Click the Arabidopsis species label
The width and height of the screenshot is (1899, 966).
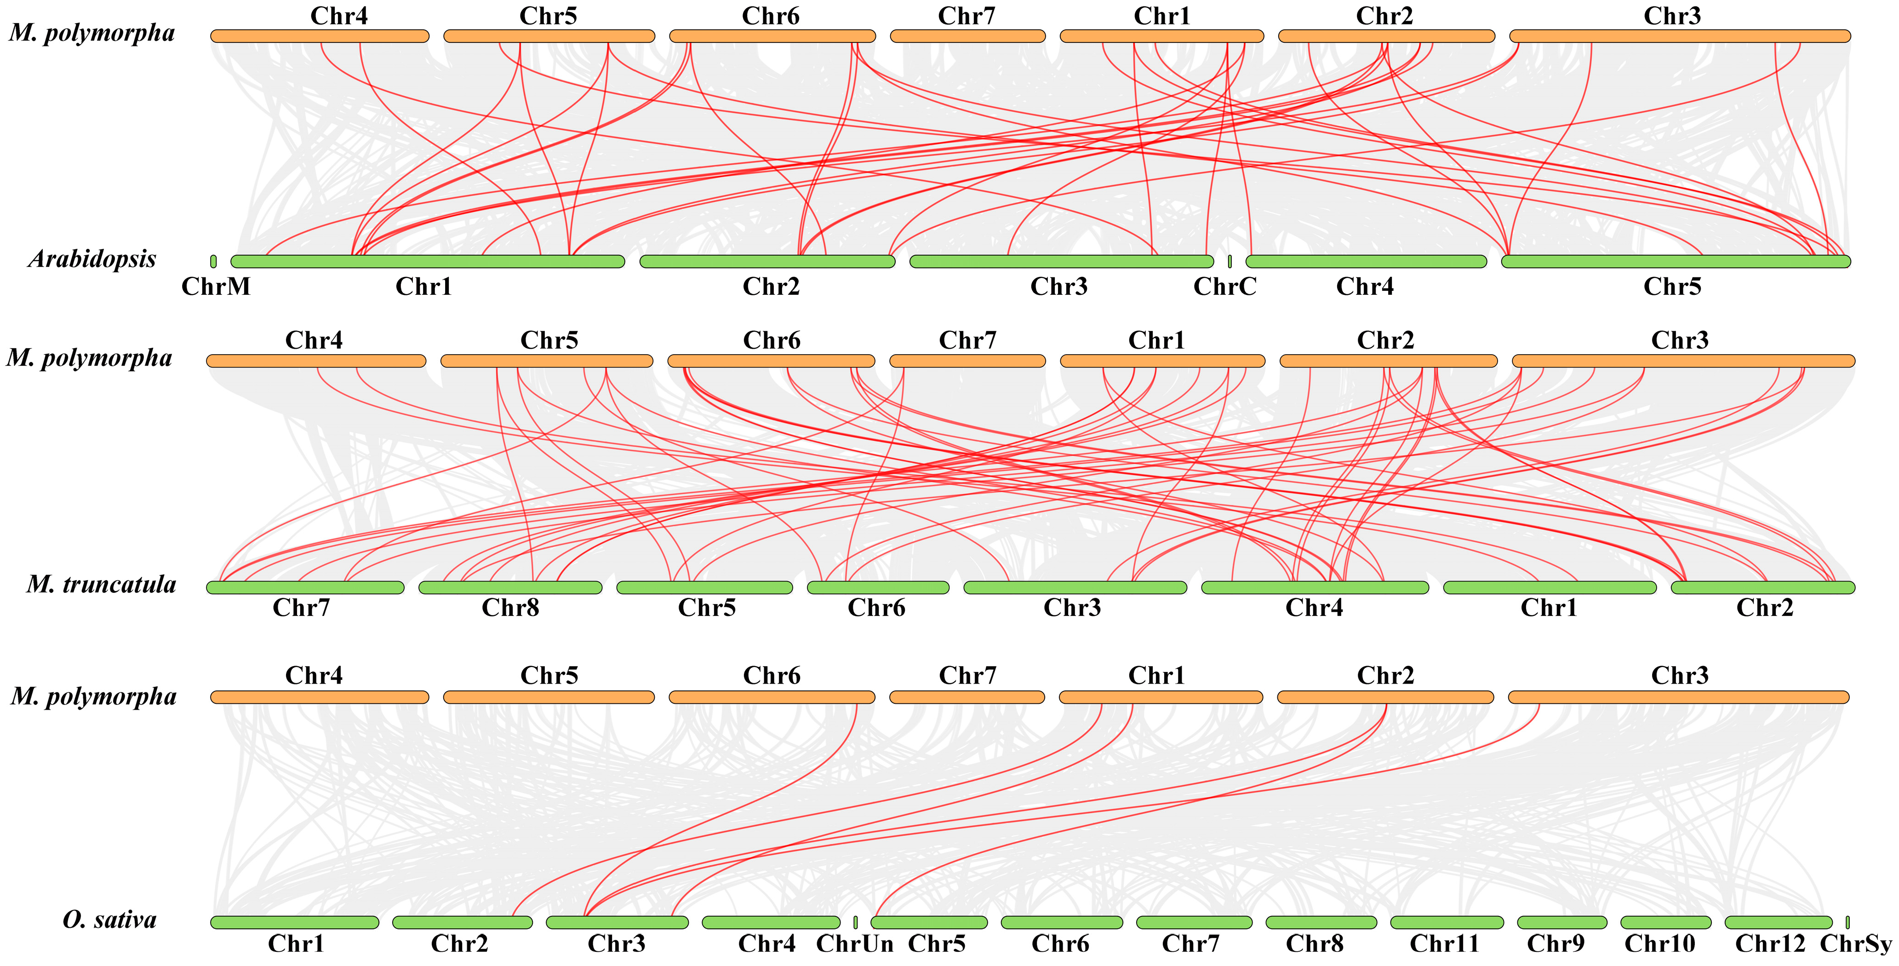pos(92,259)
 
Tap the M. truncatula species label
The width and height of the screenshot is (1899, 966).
pos(101,585)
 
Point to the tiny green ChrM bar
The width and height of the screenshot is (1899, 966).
pos(213,261)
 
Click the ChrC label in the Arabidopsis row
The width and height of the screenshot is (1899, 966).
pos(1224,286)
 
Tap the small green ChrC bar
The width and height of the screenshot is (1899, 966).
pos(1230,261)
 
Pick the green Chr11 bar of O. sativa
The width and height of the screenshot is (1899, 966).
pos(1447,922)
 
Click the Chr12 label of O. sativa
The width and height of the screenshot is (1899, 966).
pos(1770,944)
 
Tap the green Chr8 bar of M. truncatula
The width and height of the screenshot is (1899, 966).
pos(510,588)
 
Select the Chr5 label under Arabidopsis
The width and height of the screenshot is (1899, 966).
pos(1672,286)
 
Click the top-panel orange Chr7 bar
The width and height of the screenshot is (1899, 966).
pos(967,36)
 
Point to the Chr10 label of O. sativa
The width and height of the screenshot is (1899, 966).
pos(1659,944)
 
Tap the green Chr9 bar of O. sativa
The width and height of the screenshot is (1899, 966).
pos(1562,922)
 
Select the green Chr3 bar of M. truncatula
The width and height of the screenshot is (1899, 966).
pos(1075,588)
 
